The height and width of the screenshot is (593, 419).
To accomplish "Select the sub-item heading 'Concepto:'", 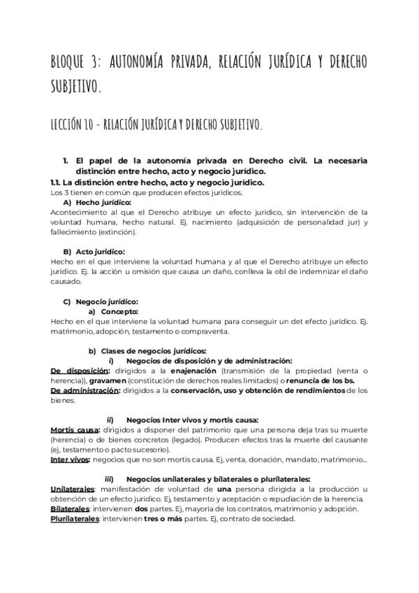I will click(119, 311).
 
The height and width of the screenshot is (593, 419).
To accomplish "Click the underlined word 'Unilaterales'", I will click(73, 489).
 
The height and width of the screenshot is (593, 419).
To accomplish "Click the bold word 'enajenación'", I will click(193, 370).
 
